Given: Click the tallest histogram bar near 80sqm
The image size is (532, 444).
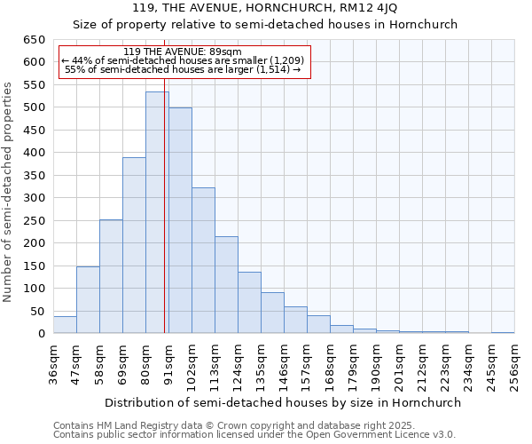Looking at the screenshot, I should click(x=157, y=213).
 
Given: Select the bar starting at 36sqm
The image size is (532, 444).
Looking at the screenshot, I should click(x=65, y=325).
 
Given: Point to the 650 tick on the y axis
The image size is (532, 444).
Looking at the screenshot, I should click(x=34, y=40).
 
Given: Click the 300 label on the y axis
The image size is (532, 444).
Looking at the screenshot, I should click(x=34, y=198).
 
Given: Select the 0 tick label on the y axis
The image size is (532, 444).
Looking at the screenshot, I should click(x=40, y=334).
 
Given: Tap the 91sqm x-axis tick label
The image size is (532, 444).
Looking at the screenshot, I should click(x=168, y=365).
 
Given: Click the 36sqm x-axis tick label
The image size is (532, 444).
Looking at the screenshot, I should click(x=53, y=365).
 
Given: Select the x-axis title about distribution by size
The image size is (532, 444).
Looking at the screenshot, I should click(x=283, y=402).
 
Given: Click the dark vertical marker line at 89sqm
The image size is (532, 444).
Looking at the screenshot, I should click(x=165, y=222).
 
